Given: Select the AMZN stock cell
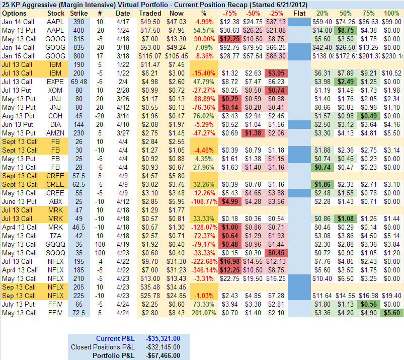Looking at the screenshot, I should (55, 133).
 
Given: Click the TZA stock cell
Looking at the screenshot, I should (55, 235).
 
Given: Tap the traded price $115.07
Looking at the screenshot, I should (150, 55).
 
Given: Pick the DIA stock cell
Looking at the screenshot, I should (55, 124).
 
